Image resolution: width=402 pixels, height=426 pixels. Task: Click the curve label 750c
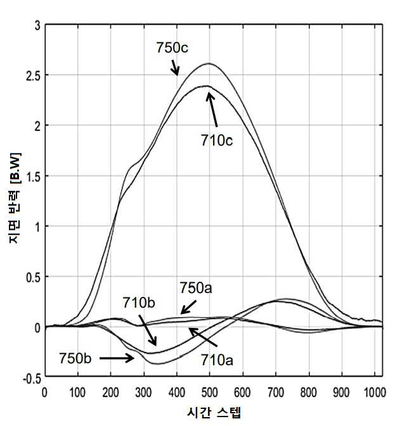172,48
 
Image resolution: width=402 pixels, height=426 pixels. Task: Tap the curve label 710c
217,141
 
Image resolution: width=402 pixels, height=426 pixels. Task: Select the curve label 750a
196,288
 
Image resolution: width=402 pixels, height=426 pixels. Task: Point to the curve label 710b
139,303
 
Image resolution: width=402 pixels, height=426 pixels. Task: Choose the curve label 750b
75,358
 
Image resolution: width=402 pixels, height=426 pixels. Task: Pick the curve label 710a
217,361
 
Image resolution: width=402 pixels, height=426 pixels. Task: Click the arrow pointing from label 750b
117,358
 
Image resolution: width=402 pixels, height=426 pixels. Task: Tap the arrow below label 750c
175,67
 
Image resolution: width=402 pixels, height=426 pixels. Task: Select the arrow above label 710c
212,110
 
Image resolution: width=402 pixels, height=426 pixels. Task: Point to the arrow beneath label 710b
148,330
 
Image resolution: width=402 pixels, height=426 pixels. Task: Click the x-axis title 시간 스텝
214,413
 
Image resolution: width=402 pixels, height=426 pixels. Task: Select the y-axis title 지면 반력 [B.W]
15,199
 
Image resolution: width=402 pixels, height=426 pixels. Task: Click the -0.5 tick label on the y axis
32,379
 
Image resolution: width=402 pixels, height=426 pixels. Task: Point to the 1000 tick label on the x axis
375,393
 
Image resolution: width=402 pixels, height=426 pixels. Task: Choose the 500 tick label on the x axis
210,393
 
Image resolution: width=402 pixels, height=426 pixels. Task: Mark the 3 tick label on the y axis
37,26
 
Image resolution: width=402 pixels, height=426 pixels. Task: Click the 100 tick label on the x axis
77,393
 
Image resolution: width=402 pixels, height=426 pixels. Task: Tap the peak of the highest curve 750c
209,63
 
